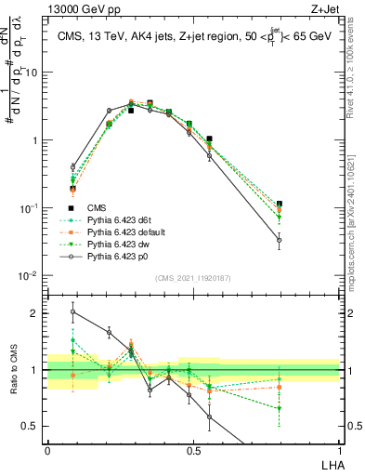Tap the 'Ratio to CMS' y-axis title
12,369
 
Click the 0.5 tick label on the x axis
193,451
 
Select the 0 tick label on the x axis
47,451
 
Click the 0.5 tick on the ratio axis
32,427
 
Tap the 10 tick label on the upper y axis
33,73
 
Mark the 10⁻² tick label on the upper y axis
30,276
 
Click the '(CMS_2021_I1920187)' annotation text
193,278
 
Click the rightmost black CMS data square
279,204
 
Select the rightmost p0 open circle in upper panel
279,240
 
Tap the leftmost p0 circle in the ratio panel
72,312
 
